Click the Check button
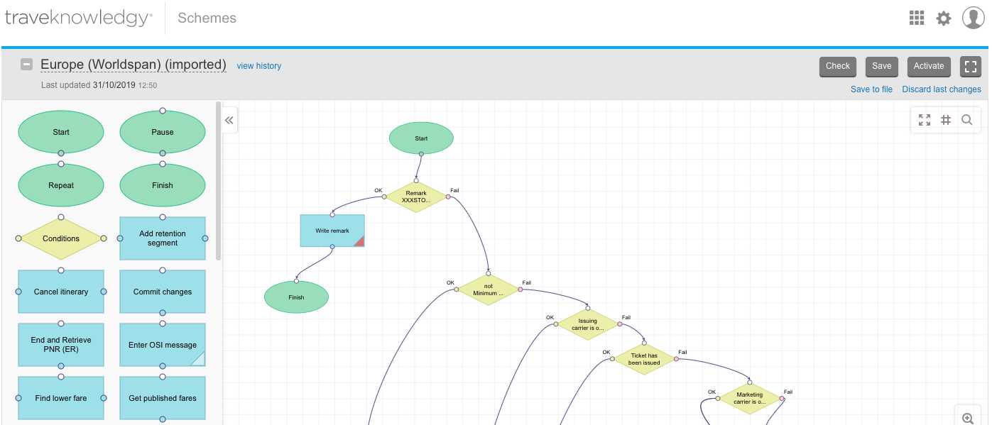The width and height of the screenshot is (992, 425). (837, 66)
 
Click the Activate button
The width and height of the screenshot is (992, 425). (928, 66)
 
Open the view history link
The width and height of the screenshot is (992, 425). (258, 66)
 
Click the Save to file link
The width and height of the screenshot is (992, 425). (871, 89)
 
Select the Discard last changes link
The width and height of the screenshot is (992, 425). (941, 89)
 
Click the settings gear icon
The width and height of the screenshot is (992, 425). (943, 18)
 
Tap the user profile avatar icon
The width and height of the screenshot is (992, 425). (973, 18)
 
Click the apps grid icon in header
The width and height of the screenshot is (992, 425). (917, 18)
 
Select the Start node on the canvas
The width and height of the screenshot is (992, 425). (421, 138)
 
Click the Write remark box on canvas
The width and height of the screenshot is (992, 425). (332, 231)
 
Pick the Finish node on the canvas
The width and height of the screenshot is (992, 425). (296, 297)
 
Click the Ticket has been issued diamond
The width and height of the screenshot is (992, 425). (643, 359)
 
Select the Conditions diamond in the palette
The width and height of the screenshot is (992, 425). (61, 238)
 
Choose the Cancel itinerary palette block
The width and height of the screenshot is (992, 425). (61, 292)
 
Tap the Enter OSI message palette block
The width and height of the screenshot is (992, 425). (163, 345)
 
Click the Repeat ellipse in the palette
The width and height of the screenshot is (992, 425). (61, 185)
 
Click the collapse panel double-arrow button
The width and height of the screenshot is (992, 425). (229, 121)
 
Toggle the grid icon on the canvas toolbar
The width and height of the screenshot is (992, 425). (946, 120)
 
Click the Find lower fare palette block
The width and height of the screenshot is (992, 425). (61, 398)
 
